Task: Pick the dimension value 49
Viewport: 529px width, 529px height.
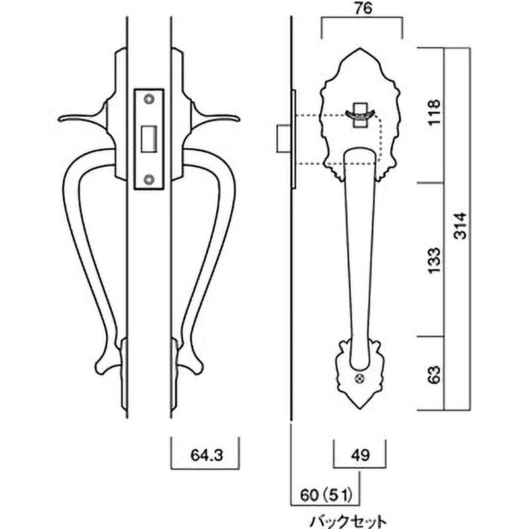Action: coord(360,456)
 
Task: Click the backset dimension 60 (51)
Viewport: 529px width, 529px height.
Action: coord(326,493)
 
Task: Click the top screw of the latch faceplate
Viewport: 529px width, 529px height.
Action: coord(149,99)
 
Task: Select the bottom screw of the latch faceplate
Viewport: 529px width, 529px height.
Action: coord(149,178)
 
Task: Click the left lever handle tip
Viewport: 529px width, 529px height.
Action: coord(61,120)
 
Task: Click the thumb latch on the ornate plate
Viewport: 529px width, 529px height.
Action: coord(360,115)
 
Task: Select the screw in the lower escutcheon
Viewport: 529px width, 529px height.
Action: coord(360,379)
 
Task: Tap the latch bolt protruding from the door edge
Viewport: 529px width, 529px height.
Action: coord(280,138)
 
